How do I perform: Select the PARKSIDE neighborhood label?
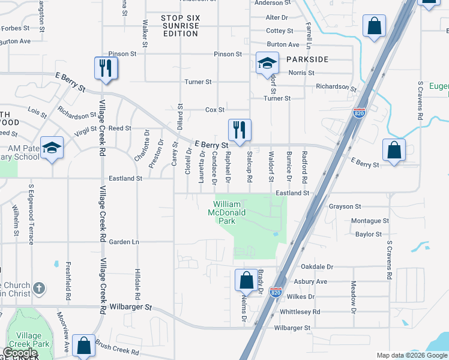coord(307,60)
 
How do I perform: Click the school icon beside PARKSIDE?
coord(267,64)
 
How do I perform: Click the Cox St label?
coord(214,110)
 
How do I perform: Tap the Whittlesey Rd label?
coord(300,312)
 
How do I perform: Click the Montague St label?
coord(370,221)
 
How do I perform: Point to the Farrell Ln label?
coord(308,35)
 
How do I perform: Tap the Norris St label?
coord(301,73)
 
